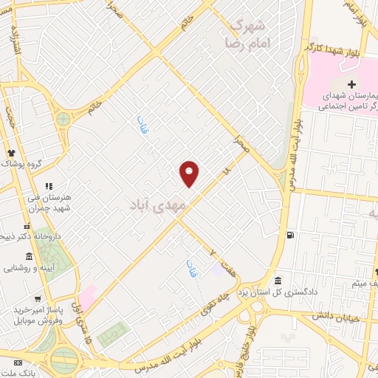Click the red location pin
[x=190, y=173]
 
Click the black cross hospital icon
[x=351, y=83]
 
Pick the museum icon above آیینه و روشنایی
[x=29, y=256]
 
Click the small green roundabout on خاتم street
[x=63, y=118]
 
